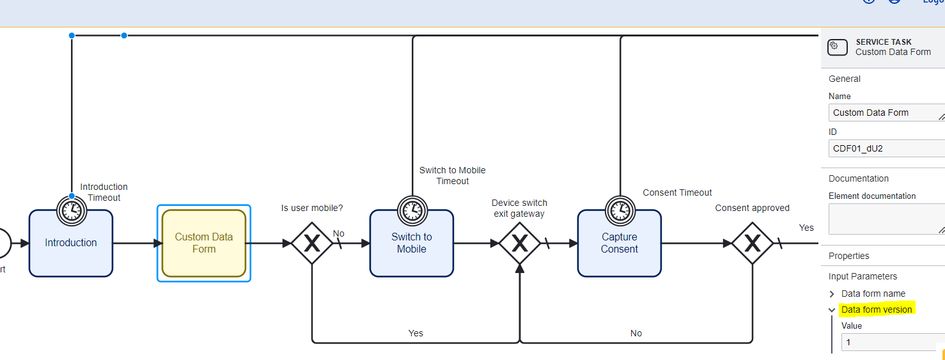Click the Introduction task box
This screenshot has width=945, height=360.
(71, 243)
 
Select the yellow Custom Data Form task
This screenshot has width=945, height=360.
(204, 243)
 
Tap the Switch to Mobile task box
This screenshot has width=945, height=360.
(412, 243)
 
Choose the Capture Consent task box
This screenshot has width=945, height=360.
(619, 243)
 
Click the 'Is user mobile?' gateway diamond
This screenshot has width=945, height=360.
(311, 243)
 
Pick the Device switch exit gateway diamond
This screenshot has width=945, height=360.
(519, 243)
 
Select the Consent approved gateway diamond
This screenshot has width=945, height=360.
(752, 243)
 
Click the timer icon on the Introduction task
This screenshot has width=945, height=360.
(72, 209)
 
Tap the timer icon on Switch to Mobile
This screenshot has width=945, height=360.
(412, 209)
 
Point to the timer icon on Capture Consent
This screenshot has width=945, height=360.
(620, 209)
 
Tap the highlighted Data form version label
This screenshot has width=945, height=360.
(877, 309)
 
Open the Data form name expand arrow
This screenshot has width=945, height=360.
(832, 294)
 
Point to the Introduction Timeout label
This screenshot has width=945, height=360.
(104, 192)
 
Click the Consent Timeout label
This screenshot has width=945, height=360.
(677, 192)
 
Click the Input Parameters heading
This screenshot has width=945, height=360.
(863, 276)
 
